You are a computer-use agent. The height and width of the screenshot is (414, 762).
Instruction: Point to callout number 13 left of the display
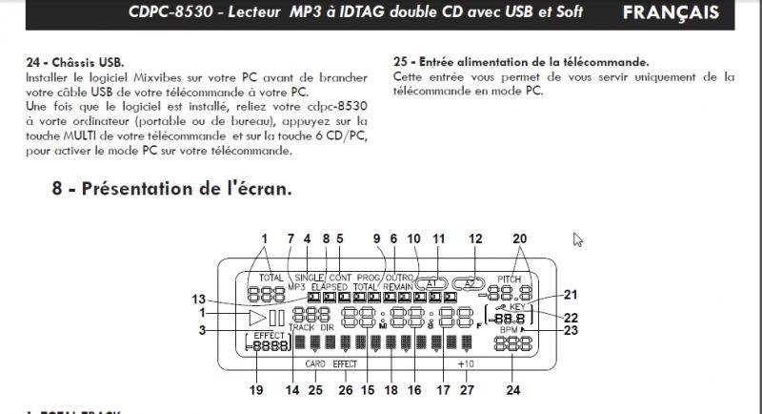[x=197, y=296]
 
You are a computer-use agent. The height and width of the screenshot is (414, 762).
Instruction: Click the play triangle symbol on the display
[x=256, y=318]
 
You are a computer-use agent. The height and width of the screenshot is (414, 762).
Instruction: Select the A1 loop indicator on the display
[x=431, y=283]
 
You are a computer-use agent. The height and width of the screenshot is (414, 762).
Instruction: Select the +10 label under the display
[x=466, y=364]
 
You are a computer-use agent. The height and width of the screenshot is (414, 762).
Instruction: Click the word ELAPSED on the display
[x=329, y=285]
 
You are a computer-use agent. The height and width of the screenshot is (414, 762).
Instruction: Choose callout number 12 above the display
[x=475, y=238]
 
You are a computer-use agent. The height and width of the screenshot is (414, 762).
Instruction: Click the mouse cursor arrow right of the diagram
[x=577, y=238]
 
